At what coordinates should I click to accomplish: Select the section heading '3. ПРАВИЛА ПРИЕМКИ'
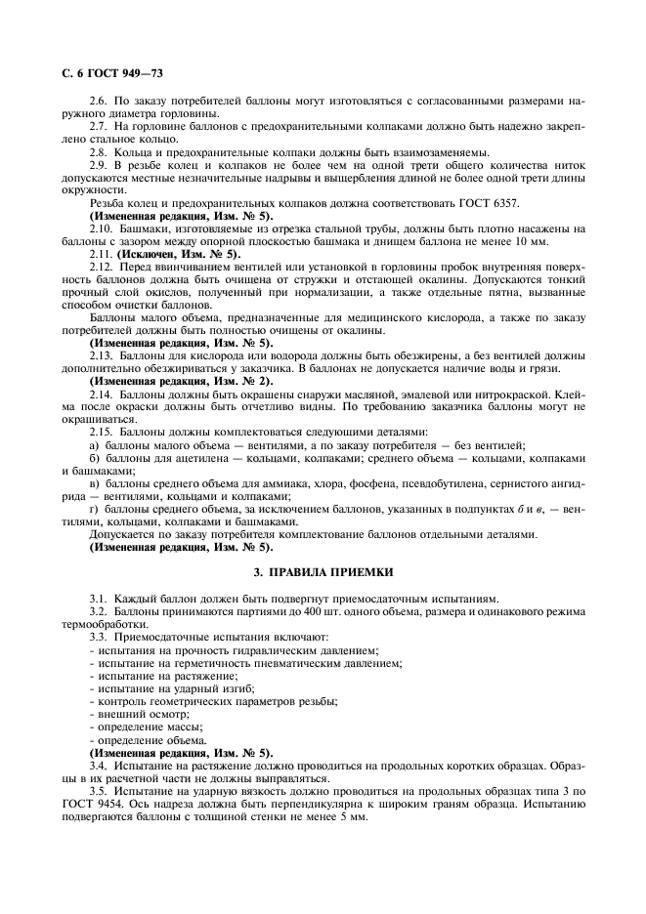coord(322,571)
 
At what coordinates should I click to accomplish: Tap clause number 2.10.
coord(102,228)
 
